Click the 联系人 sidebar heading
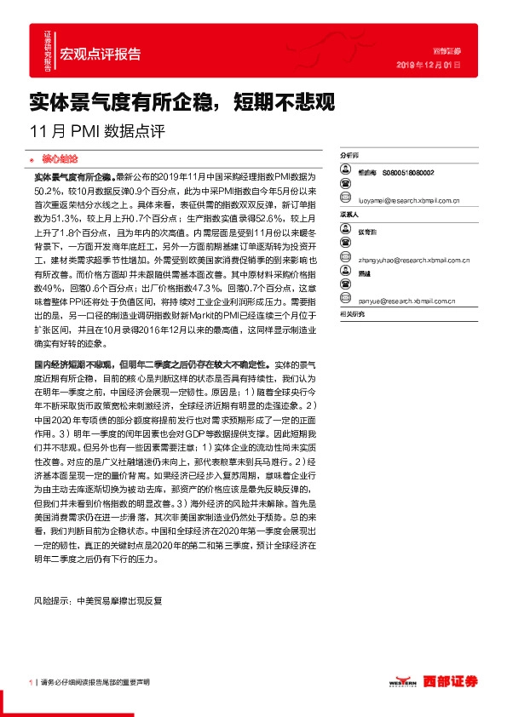coord(349,215)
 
